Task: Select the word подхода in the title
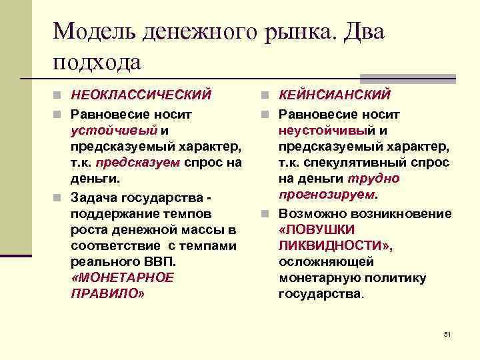[97, 61]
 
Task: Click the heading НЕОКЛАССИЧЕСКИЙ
[141, 95]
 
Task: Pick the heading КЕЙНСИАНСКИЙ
[335, 95]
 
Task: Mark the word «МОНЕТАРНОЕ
[121, 277]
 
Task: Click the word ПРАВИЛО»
[107, 293]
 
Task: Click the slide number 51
[447, 333]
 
